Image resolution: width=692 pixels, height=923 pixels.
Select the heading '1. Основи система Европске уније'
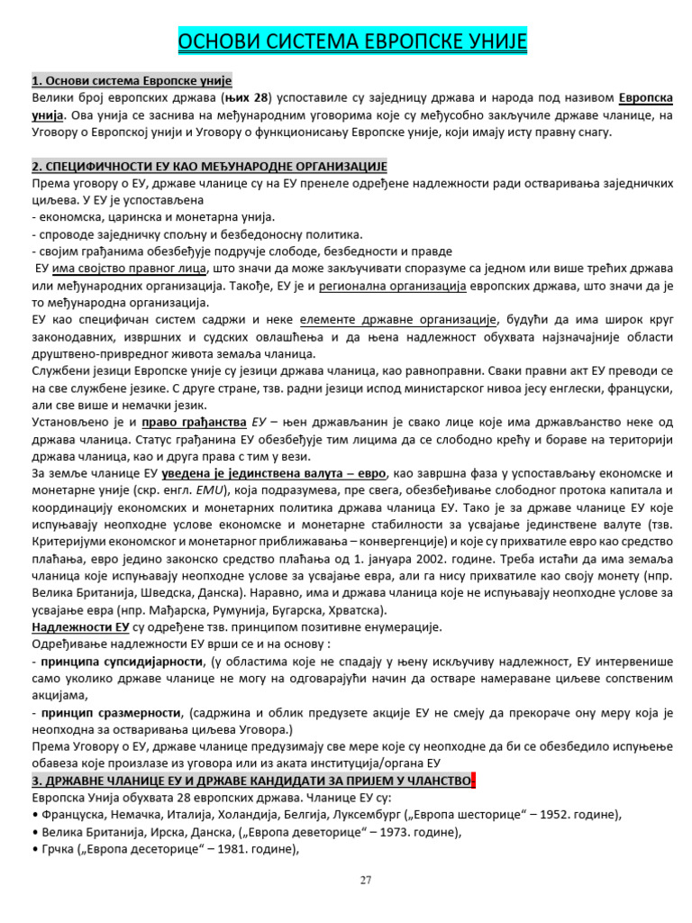click(132, 81)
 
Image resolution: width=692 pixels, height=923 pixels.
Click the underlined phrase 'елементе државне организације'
click(398, 320)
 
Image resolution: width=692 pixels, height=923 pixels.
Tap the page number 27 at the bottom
click(365, 881)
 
